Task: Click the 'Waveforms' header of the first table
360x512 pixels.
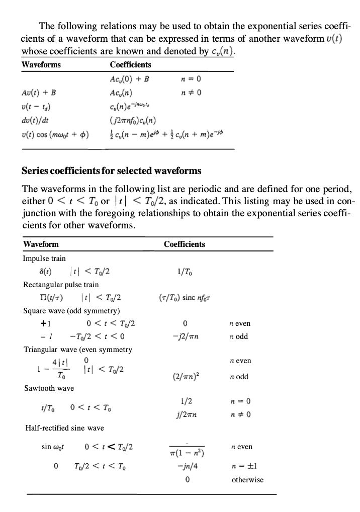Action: (x=41, y=65)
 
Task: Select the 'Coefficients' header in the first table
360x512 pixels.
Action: (x=130, y=65)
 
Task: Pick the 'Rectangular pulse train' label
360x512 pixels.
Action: (x=61, y=285)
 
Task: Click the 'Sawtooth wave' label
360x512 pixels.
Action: (x=49, y=388)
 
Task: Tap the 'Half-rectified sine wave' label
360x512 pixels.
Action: (x=64, y=428)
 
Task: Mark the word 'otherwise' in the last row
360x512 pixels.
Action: (x=247, y=480)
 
